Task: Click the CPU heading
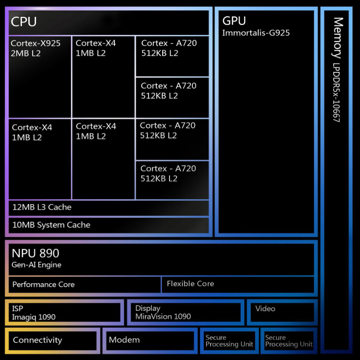[24, 21]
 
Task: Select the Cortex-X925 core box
[40, 77]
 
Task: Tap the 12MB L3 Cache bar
[108, 207]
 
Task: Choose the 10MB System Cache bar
[108, 225]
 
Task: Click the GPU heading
[234, 21]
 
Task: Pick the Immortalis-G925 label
[256, 33]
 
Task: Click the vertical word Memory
[338, 38]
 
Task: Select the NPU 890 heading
[36, 253]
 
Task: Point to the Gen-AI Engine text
[36, 265]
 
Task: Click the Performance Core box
[85, 284]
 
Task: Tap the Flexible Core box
[237, 284]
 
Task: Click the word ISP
[18, 309]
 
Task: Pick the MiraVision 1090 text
[163, 317]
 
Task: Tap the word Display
[148, 309]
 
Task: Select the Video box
[282, 312]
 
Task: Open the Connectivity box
[53, 340]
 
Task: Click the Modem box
[149, 340]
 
